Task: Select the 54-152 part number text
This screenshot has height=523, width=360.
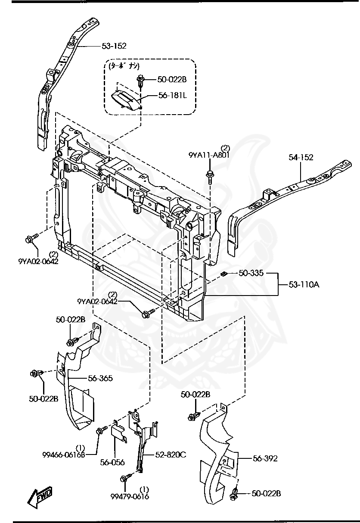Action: tap(301, 158)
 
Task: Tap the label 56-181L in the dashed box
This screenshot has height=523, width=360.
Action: tap(172, 95)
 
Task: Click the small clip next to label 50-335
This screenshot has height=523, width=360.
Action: tap(223, 274)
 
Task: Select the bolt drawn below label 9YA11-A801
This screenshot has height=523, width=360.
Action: tap(210, 176)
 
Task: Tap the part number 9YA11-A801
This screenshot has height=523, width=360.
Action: tap(209, 156)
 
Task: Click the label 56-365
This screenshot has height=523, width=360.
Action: tap(100, 378)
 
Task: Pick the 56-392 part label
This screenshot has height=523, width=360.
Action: tap(264, 459)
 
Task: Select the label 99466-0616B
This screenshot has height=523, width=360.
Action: tap(63, 455)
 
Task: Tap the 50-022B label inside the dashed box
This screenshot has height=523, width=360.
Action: tap(172, 79)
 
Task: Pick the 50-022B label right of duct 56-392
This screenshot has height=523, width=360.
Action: tap(266, 494)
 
